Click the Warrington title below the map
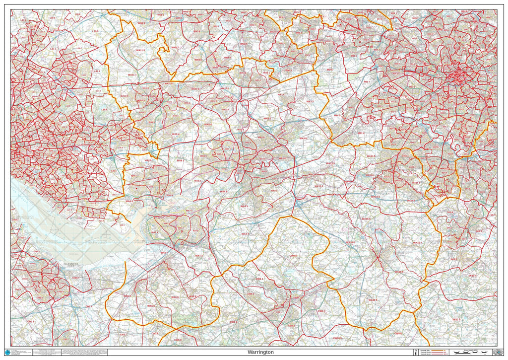[x=260, y=352]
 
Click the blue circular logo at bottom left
[x=7, y=352]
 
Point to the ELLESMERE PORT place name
[x=68, y=265]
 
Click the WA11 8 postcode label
[x=140, y=50]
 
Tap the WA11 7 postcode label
[x=133, y=74]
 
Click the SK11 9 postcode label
[x=456, y=319]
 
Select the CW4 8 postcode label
[x=397, y=333]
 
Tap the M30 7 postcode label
[x=367, y=81]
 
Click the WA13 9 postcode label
[x=330, y=163]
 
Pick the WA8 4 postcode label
[x=176, y=134]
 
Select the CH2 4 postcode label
[x=89, y=306]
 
